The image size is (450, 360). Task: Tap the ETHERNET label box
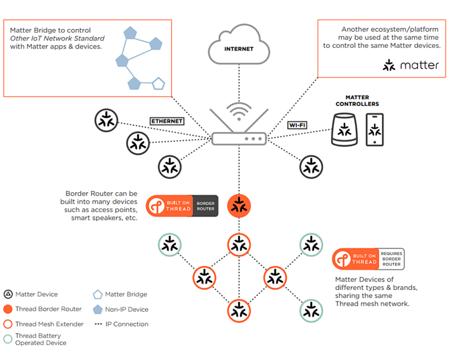pyautogui.click(x=167, y=121)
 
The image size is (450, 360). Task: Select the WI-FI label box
pyautogui.click(x=296, y=125)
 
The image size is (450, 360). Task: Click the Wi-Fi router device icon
pyautogui.click(x=239, y=138)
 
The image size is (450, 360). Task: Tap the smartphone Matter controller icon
pyautogui.click(x=375, y=129)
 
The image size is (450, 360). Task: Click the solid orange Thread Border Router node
pyautogui.click(x=239, y=205)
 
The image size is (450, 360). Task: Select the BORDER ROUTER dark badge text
pyautogui.click(x=205, y=206)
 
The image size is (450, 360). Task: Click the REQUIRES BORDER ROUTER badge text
pyautogui.click(x=391, y=259)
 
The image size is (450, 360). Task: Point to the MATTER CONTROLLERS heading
pyautogui.click(x=357, y=101)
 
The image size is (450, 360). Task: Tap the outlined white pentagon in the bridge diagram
pyautogui.click(x=159, y=84)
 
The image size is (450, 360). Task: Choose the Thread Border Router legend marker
pyautogui.click(x=7, y=309)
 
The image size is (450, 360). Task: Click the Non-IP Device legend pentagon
pyautogui.click(x=97, y=309)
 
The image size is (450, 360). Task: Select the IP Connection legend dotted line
pyautogui.click(x=98, y=324)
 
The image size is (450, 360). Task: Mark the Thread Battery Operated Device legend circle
pyautogui.click(x=7, y=339)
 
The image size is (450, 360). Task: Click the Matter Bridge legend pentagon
pyautogui.click(x=97, y=294)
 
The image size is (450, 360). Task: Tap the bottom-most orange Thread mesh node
pyautogui.click(x=239, y=311)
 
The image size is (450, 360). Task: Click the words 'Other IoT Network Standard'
pyautogui.click(x=57, y=38)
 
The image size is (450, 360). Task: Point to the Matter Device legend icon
pyautogui.click(x=7, y=294)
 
